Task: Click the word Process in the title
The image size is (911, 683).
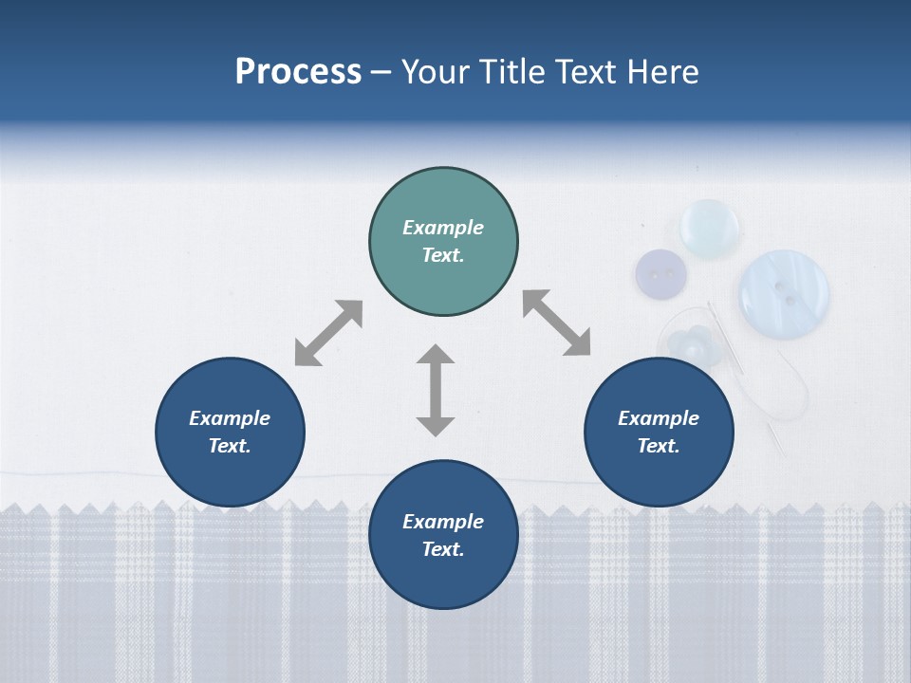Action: [x=298, y=72]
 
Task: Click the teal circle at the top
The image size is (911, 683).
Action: [x=443, y=242]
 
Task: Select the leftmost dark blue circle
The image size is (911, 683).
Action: [x=230, y=432]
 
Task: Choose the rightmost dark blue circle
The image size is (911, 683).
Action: [x=659, y=432]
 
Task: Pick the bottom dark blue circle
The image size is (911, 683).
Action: [x=443, y=535]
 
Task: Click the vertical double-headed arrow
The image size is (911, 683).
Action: [x=436, y=390]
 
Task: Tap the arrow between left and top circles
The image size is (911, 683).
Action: [x=328, y=333]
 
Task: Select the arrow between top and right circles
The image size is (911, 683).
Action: [x=557, y=323]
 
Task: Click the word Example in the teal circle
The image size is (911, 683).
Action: [x=443, y=228]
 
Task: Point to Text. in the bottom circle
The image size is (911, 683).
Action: [x=443, y=549]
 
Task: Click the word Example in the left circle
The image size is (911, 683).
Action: [x=230, y=418]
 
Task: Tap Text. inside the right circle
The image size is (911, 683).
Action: [x=659, y=446]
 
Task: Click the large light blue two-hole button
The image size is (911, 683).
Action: [x=784, y=292]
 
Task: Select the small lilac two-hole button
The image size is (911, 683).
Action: [x=660, y=273]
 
